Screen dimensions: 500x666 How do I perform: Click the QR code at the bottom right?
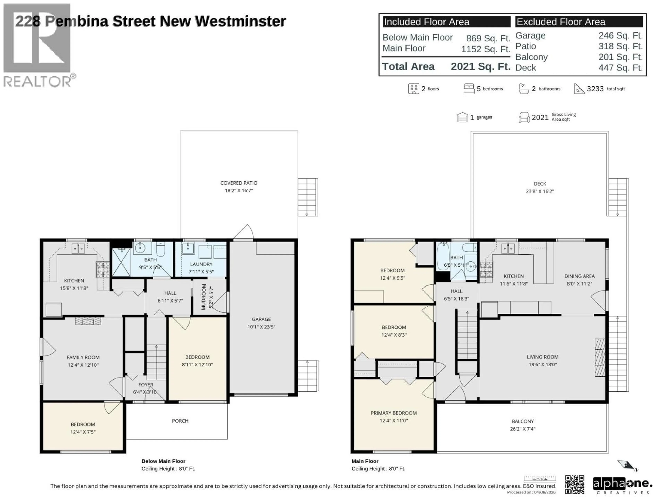coord(574,484)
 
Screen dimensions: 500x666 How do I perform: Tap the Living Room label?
coord(542,357)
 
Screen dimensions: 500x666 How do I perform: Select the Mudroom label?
coord(204,297)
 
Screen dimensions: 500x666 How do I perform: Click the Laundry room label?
coord(201,264)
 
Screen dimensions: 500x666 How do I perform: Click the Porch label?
coord(180,421)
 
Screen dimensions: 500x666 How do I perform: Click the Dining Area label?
coord(579,276)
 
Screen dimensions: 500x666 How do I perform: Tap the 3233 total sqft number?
coord(595,89)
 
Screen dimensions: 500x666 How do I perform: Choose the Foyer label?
coord(146,385)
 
